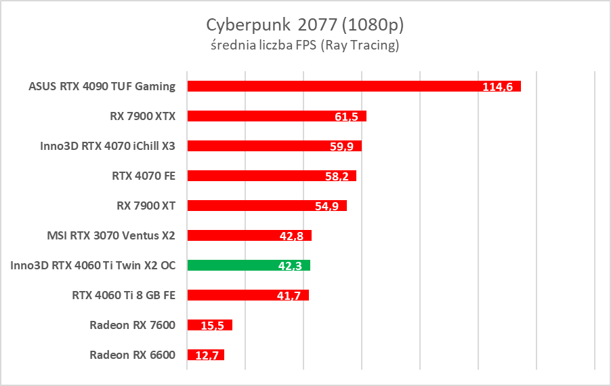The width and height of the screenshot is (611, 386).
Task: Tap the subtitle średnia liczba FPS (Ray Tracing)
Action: tap(305, 45)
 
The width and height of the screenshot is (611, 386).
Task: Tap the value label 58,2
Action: tap(337, 176)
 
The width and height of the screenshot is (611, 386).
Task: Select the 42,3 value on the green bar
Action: tap(291, 266)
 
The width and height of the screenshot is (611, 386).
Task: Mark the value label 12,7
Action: tap(207, 355)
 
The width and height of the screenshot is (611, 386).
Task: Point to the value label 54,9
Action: tap(328, 206)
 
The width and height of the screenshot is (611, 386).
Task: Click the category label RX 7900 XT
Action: tap(146, 206)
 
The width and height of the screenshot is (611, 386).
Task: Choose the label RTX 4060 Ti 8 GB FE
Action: tap(123, 295)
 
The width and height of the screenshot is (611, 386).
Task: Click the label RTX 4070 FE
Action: tap(144, 176)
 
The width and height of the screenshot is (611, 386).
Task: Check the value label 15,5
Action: tap(214, 326)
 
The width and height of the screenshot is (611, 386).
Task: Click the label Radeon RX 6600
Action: tap(132, 355)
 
